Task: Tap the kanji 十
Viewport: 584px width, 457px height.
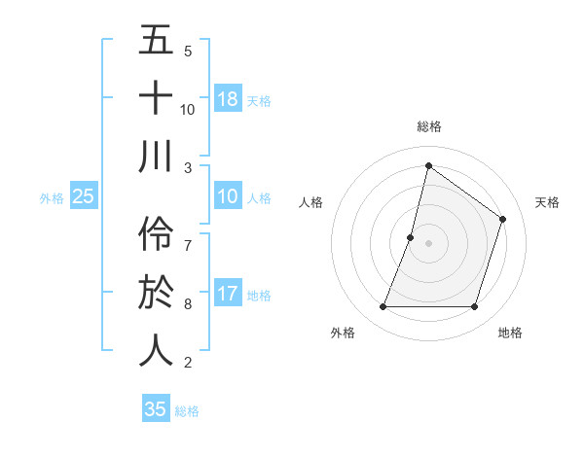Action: point(156,98)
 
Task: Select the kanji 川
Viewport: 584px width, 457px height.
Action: point(156,157)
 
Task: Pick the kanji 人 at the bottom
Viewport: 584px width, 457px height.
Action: point(156,351)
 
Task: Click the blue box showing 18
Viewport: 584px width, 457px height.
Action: point(228,98)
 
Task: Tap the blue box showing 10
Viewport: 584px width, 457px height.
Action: point(228,196)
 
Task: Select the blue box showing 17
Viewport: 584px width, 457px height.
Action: point(228,293)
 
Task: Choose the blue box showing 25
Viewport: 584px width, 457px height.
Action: point(84,196)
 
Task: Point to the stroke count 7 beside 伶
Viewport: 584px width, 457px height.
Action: point(188,236)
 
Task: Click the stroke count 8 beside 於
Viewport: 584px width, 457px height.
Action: point(188,304)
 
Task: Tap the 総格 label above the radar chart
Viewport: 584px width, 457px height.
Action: point(428,126)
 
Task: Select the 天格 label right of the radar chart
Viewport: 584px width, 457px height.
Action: point(547,202)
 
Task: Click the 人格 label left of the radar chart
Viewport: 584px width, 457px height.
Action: point(310,202)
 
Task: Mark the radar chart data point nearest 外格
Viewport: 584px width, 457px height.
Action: point(383,307)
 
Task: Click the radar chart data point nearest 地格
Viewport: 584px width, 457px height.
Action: point(475,307)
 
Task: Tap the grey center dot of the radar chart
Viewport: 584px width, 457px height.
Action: point(428,243)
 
